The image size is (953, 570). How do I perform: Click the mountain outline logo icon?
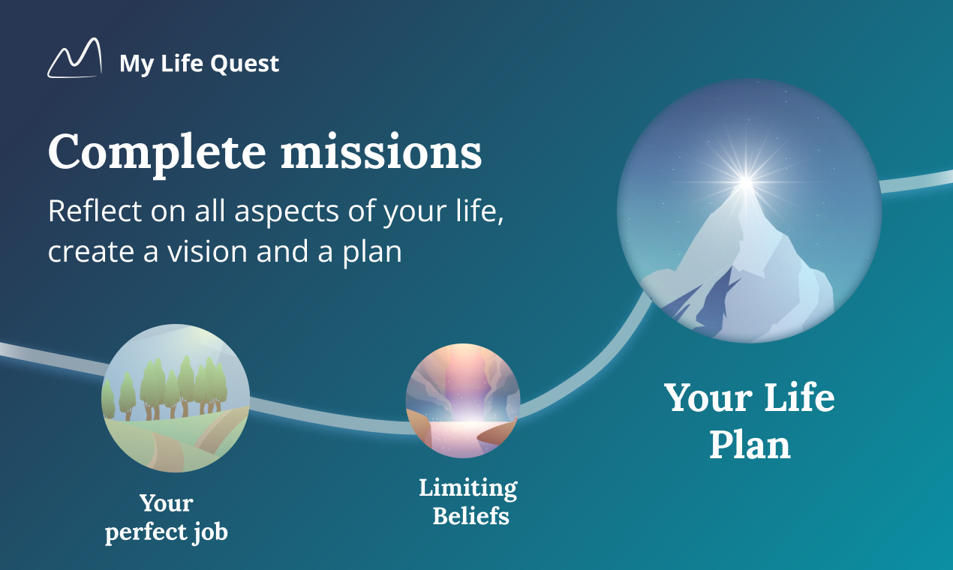[75, 58]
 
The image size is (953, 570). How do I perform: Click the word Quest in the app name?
[245, 64]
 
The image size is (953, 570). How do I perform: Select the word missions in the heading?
[381, 151]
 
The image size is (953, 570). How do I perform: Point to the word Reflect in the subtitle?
[95, 211]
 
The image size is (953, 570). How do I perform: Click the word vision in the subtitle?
[207, 251]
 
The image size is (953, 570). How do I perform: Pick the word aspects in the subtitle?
[287, 211]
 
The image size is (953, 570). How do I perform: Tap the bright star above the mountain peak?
[745, 182]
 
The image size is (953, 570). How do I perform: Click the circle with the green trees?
[176, 398]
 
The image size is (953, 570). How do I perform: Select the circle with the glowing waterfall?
[463, 400]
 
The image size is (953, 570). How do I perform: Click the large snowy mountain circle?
[749, 211]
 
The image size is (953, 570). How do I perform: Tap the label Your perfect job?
[167, 518]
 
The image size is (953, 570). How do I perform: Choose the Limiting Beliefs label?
[468, 502]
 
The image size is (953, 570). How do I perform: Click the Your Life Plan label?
[750, 420]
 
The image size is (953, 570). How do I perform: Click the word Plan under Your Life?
[750, 445]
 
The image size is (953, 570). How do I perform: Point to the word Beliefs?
[471, 515]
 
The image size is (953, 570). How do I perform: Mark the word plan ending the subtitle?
[372, 253]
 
